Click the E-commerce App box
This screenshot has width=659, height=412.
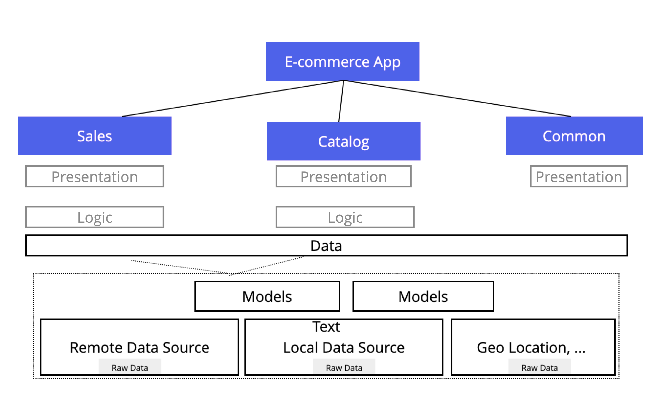click(342, 62)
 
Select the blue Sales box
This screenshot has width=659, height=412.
click(95, 136)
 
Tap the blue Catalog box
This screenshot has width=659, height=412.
click(343, 141)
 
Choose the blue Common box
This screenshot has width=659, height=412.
click(574, 136)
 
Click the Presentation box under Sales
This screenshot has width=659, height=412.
click(95, 176)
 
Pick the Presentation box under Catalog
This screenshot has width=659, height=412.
click(343, 176)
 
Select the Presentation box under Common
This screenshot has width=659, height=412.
click(579, 176)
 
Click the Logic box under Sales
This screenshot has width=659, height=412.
click(95, 217)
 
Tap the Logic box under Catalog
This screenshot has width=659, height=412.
click(345, 217)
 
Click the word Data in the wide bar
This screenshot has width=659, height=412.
click(326, 246)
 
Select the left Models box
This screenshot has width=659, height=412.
click(267, 296)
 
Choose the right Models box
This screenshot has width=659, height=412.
click(423, 296)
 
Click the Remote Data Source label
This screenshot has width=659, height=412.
click(139, 347)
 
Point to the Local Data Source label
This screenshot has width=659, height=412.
click(344, 347)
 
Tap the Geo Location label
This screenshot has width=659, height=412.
click(531, 347)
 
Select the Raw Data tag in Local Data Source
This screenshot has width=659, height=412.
click(344, 368)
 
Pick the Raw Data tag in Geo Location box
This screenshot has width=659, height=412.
click(540, 368)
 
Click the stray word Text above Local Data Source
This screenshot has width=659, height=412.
click(326, 326)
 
